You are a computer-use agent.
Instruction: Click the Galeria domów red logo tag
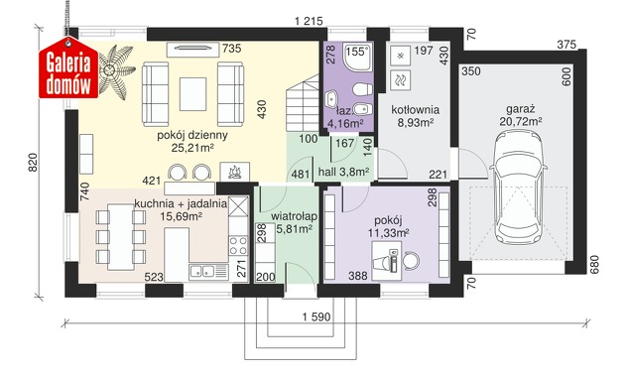point(68,67)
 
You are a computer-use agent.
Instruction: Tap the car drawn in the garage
point(518,187)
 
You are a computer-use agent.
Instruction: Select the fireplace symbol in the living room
point(235,172)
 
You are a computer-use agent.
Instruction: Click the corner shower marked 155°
point(357,56)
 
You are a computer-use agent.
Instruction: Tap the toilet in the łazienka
point(362,88)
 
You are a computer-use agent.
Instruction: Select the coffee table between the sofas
point(193,94)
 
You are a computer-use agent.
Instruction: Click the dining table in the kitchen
point(121,237)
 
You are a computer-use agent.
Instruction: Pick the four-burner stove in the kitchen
point(238,245)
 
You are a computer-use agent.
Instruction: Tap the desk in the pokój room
point(386,261)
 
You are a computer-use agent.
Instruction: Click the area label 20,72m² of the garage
point(520,121)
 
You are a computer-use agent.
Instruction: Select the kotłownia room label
point(415,109)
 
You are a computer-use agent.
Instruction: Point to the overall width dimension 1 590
point(316,317)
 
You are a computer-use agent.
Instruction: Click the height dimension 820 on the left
point(33,163)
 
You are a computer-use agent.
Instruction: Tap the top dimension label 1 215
point(309,21)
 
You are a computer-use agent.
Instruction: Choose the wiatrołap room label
point(294,216)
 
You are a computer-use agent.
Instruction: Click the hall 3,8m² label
point(343,172)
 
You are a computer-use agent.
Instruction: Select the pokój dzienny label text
point(192,135)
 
